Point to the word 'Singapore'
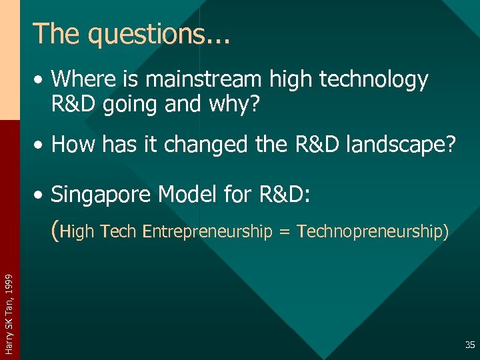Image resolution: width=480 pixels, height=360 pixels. pyautogui.click(x=103, y=195)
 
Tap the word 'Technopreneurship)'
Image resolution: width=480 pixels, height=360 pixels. pyautogui.click(x=373, y=232)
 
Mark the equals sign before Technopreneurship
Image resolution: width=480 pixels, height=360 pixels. pyautogui.click(x=285, y=232)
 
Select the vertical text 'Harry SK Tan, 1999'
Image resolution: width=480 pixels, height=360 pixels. pyautogui.click(x=9, y=306)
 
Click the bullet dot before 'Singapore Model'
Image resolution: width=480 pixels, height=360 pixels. pyautogui.click(x=41, y=195)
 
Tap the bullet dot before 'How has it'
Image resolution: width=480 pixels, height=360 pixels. pyautogui.click(x=41, y=145)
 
